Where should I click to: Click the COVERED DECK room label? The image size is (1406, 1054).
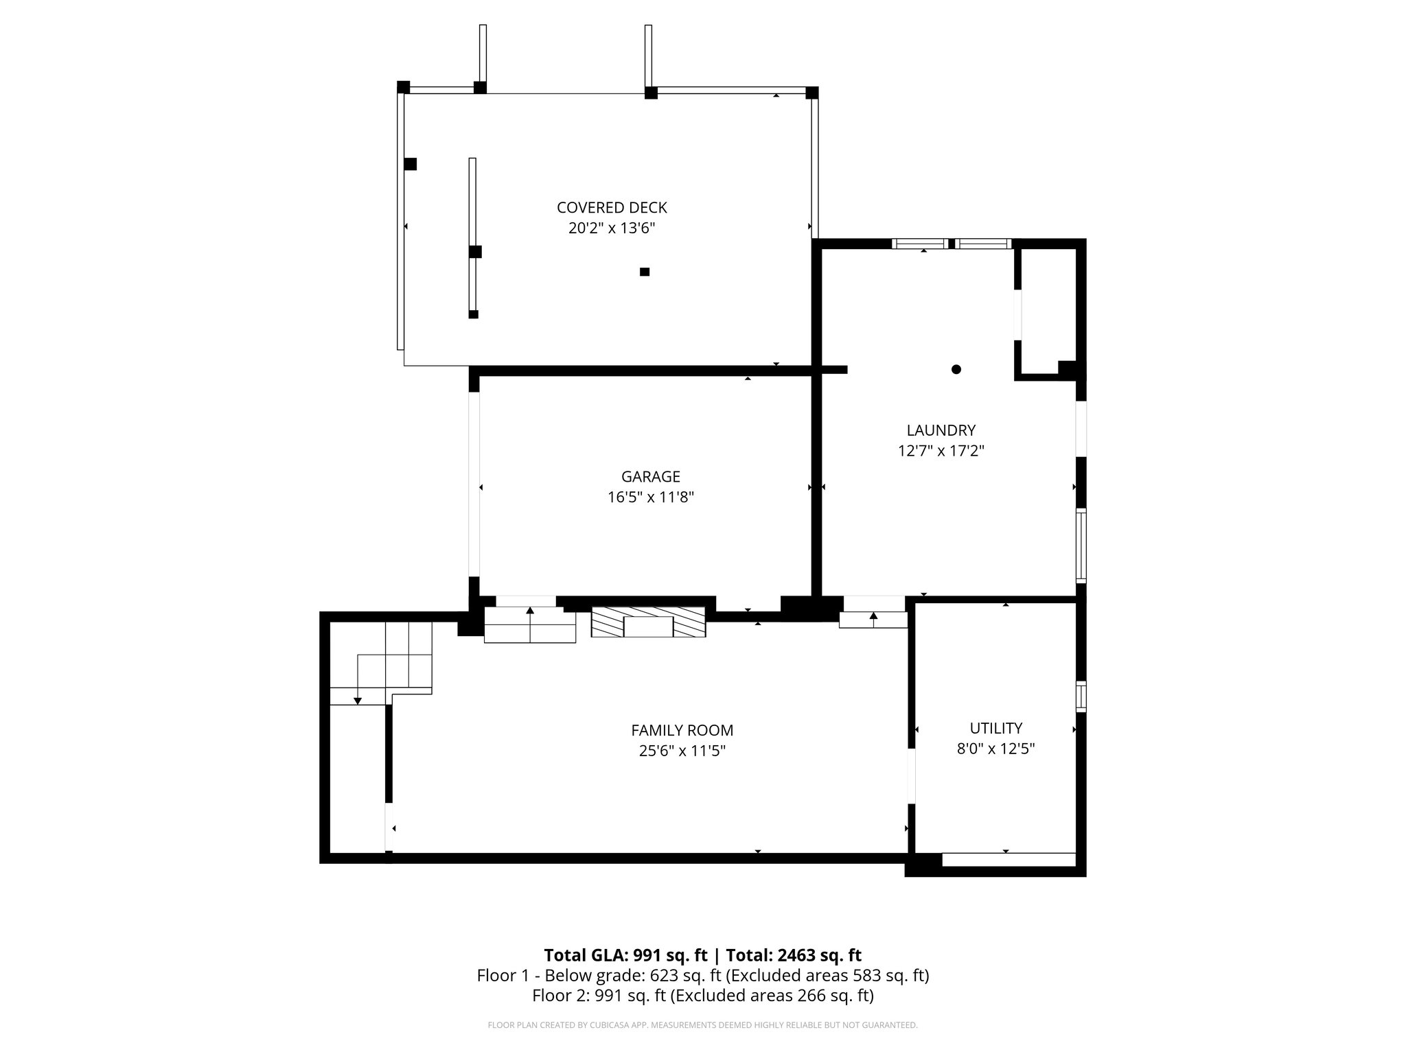point(612,207)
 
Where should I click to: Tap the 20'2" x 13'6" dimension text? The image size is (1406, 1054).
point(612,229)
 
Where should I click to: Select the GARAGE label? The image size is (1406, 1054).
point(650,476)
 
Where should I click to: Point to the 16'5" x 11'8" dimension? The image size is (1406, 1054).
point(650,497)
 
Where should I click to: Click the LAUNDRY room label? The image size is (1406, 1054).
point(941,430)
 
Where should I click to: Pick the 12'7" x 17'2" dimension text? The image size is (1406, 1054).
point(941,451)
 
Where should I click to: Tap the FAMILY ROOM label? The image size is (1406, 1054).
point(682,730)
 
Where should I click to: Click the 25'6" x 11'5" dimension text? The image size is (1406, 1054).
point(682,751)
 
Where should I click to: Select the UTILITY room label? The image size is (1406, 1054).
point(995,728)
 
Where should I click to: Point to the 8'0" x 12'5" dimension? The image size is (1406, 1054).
point(995,749)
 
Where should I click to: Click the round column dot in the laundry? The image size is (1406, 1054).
point(956,369)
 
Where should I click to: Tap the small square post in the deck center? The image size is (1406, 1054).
point(644,272)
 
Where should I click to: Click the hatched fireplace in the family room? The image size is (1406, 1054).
point(649,622)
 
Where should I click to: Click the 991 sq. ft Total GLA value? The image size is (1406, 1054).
point(669,955)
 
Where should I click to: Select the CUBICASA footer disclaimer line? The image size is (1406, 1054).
point(702,1025)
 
